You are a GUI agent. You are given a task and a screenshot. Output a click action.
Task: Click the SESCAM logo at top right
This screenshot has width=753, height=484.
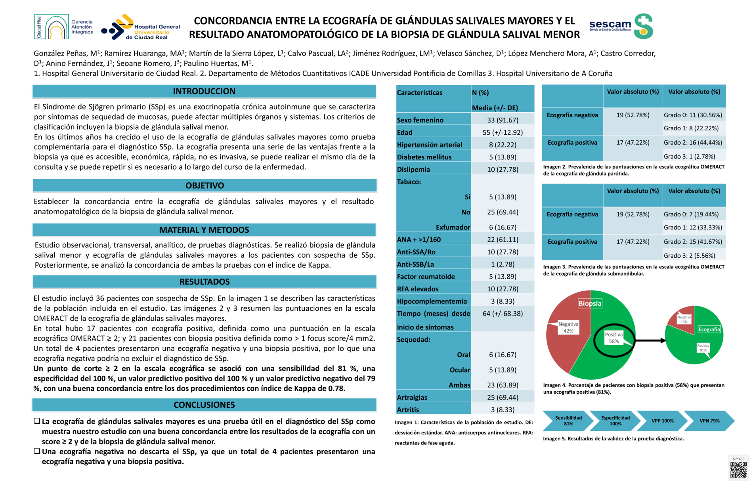(621, 26)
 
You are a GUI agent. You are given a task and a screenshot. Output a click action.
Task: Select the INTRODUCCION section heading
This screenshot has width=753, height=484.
(204, 91)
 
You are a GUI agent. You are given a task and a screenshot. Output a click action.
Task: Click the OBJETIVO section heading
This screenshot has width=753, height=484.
(204, 186)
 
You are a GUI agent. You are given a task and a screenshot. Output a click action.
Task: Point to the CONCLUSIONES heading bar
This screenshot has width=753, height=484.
(204, 405)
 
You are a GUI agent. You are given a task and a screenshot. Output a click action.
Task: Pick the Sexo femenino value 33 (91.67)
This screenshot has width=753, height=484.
(503, 120)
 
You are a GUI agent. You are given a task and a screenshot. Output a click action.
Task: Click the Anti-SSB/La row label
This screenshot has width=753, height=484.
(415, 264)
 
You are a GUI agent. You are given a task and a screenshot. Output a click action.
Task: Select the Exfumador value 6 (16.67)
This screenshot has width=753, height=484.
(503, 227)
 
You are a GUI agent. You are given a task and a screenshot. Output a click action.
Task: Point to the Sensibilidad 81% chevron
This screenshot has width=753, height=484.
(568, 421)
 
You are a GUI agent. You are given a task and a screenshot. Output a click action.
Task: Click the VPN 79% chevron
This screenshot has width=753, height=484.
(709, 421)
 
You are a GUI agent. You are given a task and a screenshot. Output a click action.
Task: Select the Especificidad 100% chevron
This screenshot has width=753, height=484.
(615, 421)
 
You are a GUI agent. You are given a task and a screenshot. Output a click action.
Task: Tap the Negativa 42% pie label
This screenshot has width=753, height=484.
(568, 327)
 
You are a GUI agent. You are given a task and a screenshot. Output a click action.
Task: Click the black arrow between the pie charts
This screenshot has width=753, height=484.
(650, 341)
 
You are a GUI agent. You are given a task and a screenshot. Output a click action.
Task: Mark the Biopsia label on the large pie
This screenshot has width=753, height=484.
(590, 304)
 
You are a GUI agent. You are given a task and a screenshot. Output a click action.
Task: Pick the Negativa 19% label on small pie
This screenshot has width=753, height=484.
(684, 319)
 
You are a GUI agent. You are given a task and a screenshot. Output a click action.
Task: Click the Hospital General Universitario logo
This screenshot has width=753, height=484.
(141, 28)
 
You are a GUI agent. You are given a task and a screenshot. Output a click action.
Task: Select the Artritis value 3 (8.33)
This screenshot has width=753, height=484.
(503, 410)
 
